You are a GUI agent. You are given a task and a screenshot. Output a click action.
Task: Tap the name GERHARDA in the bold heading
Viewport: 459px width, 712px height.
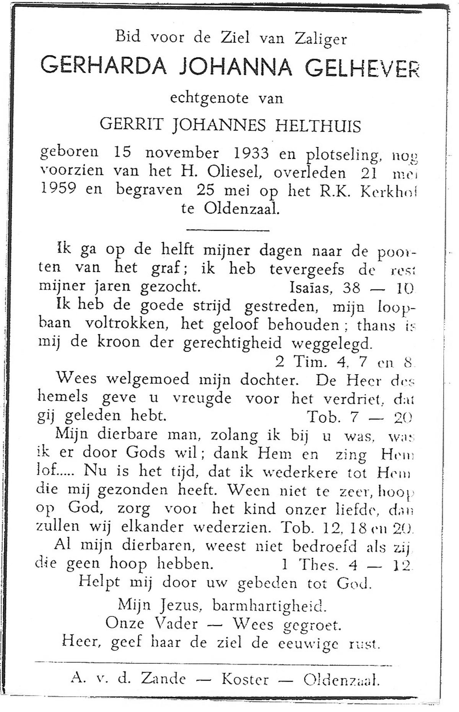[103, 65]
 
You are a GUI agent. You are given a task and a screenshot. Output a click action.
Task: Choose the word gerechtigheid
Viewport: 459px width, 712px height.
[232, 343]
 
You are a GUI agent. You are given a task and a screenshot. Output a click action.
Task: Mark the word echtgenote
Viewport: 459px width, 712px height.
[209, 98]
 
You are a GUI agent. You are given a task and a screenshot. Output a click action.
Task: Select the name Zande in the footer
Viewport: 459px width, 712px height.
[163, 679]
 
